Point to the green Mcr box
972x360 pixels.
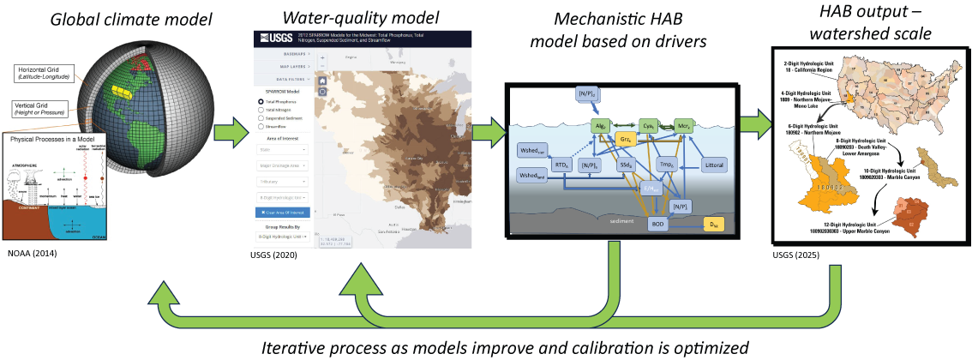(686, 123)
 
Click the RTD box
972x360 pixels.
(562, 164)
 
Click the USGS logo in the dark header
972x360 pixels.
(273, 38)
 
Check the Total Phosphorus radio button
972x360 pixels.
(261, 101)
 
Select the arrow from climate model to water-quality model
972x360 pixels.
(223, 133)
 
